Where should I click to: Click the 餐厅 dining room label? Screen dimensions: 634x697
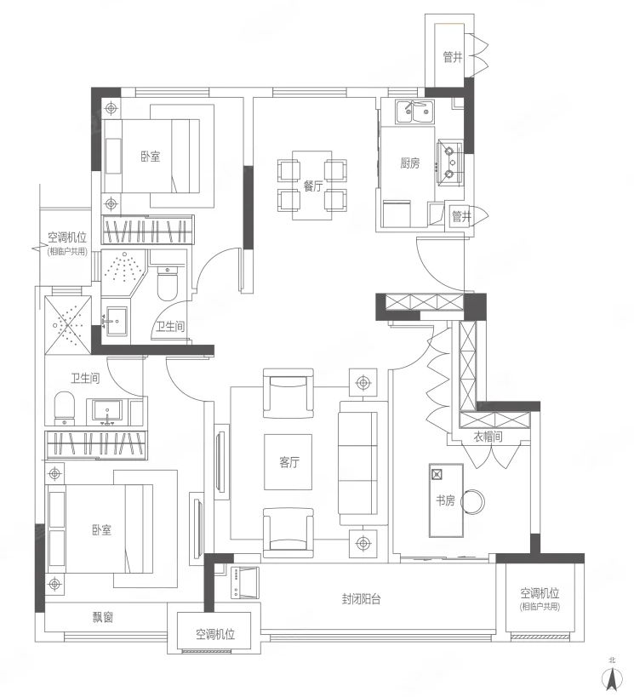313,186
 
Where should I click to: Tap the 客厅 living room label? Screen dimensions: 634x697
289,462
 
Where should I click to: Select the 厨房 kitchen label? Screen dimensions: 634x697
409,163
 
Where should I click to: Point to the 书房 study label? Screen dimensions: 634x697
445,500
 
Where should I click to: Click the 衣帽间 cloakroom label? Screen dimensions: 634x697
488,437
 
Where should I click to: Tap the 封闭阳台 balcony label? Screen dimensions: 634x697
361,599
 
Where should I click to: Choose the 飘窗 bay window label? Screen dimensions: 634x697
103,617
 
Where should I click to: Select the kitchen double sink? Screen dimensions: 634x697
415,112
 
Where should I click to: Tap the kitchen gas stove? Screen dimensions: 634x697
449,162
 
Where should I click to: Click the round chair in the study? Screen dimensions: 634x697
472,501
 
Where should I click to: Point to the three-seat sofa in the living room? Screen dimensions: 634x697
358,463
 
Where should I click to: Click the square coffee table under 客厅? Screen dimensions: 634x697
288,462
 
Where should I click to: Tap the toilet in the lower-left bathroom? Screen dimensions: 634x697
64,407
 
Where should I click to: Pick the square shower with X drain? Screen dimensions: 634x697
68,325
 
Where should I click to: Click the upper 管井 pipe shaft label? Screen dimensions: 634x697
453,57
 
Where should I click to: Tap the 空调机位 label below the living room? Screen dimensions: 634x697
215,634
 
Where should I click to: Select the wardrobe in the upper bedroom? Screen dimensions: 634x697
147,230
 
